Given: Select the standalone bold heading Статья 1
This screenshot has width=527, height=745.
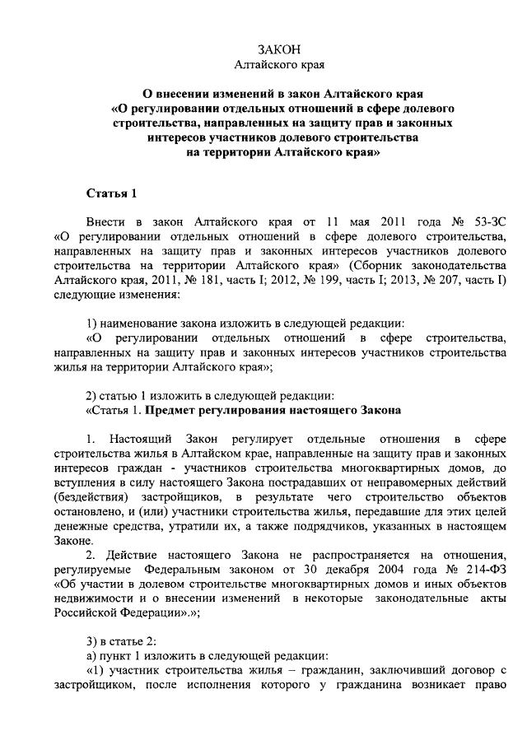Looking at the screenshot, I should pyautogui.click(x=111, y=193).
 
